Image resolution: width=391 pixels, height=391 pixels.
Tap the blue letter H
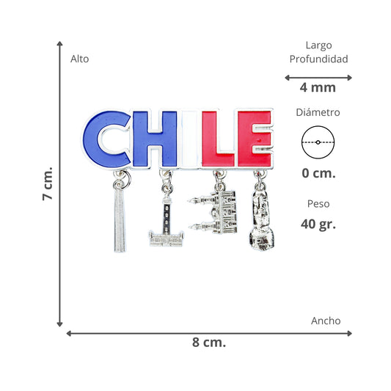point(155,139)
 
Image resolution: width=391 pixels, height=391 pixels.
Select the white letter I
point(190,139)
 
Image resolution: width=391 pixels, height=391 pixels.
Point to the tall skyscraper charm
point(120,219)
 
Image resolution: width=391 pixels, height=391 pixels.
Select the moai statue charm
point(262,219)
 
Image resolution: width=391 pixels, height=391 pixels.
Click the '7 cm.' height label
point(48,183)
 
